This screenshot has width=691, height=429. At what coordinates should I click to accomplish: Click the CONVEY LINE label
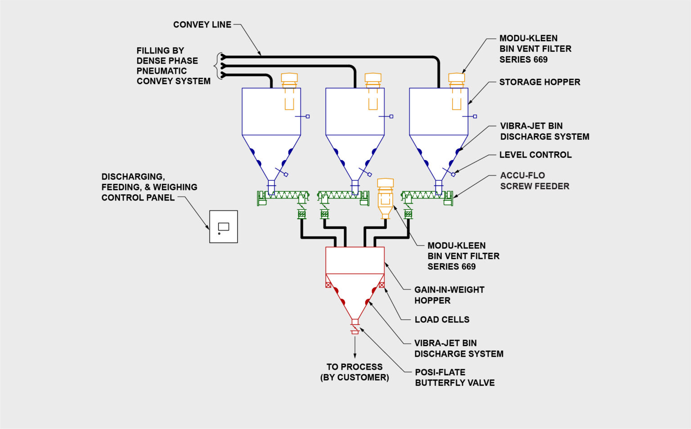[x=202, y=25]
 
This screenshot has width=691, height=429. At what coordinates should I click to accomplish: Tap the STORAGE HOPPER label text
[x=539, y=82]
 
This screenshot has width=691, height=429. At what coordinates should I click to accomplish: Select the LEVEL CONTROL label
[x=535, y=155]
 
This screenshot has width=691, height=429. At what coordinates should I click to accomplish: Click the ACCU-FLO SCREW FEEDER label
[x=534, y=181]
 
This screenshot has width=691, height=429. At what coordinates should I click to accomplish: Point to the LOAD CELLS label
[x=442, y=319]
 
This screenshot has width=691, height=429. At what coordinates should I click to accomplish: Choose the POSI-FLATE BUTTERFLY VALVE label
[x=454, y=377]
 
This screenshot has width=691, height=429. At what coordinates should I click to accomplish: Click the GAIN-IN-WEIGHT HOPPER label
[x=449, y=295]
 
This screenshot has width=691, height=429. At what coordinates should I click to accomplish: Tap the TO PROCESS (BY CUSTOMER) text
[x=354, y=372]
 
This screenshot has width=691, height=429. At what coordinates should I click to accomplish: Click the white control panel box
[x=224, y=227]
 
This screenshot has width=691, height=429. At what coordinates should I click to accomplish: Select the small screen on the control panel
[x=224, y=227]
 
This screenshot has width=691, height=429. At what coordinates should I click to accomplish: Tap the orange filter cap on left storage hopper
[x=289, y=79]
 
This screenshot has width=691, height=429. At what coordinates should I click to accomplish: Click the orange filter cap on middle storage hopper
[x=373, y=79]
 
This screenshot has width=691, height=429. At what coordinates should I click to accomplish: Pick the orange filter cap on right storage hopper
[x=457, y=79]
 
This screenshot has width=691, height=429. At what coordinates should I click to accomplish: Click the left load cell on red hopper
[x=328, y=285]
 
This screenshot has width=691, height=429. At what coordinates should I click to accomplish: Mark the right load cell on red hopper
[x=381, y=285]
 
